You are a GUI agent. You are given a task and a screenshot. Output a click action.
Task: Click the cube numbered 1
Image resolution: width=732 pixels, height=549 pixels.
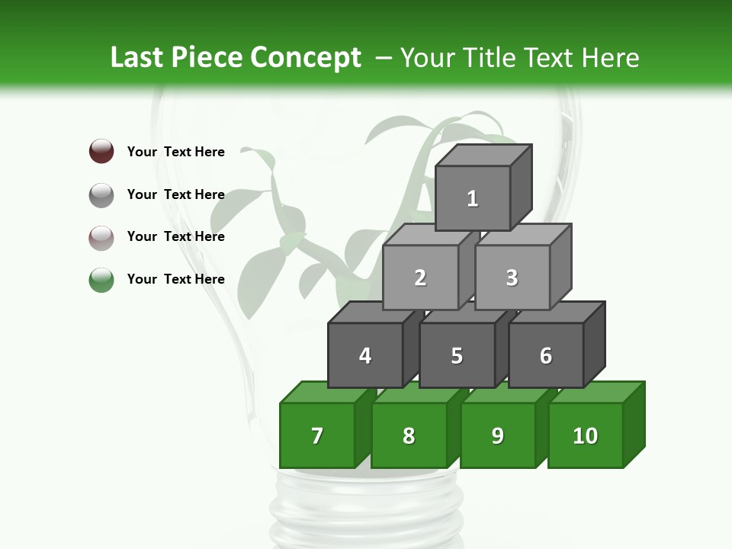(x=473, y=198)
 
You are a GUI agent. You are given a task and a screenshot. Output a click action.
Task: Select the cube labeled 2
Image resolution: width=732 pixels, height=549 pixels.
(x=420, y=278)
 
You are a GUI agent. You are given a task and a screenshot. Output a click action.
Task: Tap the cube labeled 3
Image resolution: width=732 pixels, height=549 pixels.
(x=512, y=278)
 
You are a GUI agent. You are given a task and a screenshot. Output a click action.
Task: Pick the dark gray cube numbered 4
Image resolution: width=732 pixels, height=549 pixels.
(x=365, y=355)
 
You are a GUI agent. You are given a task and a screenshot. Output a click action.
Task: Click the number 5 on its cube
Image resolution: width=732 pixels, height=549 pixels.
(x=457, y=356)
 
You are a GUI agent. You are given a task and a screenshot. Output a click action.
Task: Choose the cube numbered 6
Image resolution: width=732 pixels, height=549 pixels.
(x=546, y=355)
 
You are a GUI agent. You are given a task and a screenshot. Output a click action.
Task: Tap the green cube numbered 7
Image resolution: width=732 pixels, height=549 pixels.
(x=317, y=435)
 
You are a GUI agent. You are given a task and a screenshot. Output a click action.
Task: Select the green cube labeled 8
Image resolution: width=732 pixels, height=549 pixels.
(x=409, y=435)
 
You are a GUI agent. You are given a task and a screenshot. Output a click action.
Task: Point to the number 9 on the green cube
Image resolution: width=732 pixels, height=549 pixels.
(x=498, y=435)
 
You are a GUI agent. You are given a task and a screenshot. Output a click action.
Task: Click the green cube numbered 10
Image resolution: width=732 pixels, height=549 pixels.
(x=586, y=435)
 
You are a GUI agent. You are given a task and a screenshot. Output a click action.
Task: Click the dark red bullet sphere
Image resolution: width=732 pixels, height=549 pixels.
(x=101, y=151)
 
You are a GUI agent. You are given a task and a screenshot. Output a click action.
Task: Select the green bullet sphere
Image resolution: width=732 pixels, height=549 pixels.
(x=101, y=279)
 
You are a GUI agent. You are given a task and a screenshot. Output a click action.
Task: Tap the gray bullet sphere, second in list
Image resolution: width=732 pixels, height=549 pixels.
(x=101, y=194)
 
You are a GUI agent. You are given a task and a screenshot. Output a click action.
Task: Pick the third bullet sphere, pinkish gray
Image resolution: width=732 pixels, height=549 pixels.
(x=101, y=237)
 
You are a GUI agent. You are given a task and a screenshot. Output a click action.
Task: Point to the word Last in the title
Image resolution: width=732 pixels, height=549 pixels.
(x=137, y=58)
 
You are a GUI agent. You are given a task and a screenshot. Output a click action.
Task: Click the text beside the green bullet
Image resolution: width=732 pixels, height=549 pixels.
(x=176, y=279)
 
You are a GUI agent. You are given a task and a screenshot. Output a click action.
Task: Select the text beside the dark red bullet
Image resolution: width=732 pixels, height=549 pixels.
(x=176, y=152)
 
